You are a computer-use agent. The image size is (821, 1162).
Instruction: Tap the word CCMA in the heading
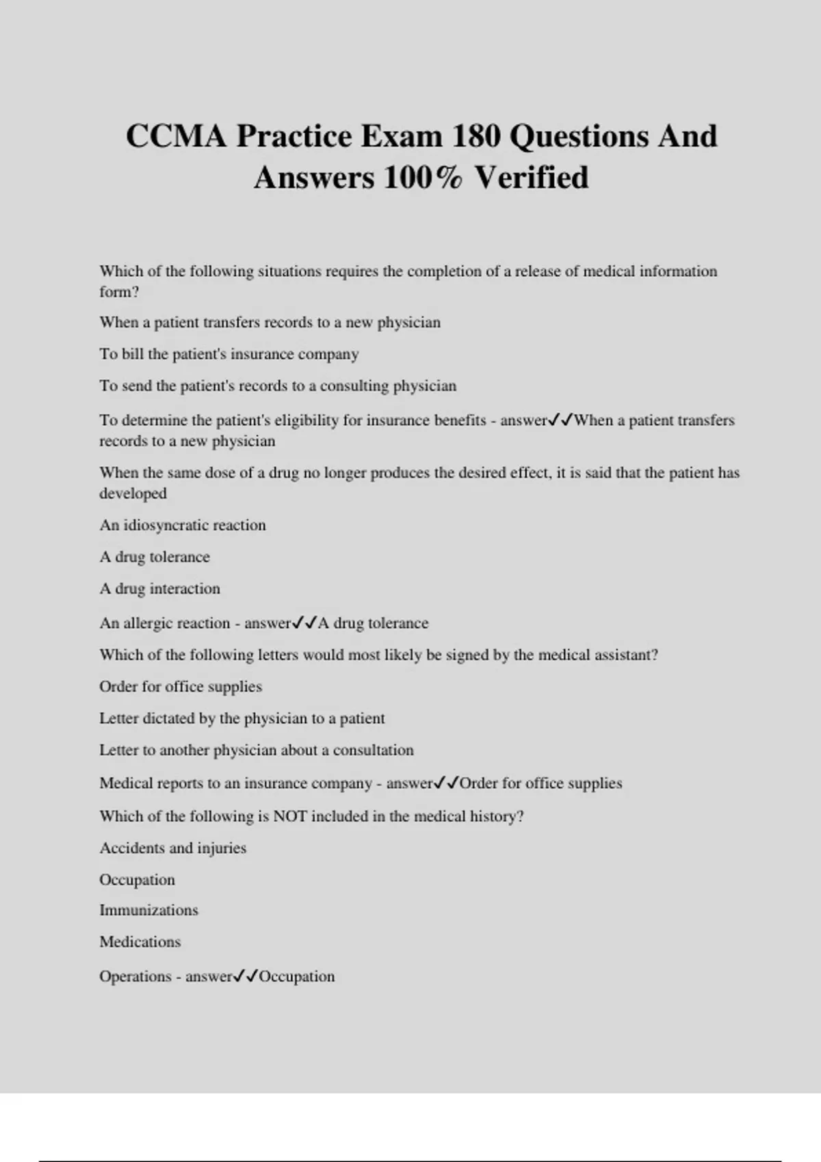(x=176, y=136)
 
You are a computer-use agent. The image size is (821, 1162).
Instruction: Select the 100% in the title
(x=423, y=178)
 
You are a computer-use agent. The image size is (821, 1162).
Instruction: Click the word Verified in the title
(x=532, y=178)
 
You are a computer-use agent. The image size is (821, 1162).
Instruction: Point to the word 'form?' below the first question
(x=119, y=292)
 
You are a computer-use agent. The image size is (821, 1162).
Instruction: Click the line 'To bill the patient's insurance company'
(x=229, y=354)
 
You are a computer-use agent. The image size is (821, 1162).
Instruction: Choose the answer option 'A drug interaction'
(x=160, y=589)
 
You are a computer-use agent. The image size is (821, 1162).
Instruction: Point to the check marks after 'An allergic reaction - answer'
(x=304, y=623)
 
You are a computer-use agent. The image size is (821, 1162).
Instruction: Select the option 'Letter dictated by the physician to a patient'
(x=242, y=718)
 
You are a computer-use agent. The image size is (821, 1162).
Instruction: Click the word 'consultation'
(x=373, y=750)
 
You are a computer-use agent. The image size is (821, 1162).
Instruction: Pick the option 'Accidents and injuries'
(x=173, y=848)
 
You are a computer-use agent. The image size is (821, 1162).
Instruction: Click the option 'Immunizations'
(x=148, y=910)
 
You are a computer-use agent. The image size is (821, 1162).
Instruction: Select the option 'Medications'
(x=140, y=942)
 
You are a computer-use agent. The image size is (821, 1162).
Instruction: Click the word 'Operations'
(x=135, y=976)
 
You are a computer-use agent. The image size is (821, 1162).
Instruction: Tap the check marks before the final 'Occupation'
(x=245, y=976)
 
